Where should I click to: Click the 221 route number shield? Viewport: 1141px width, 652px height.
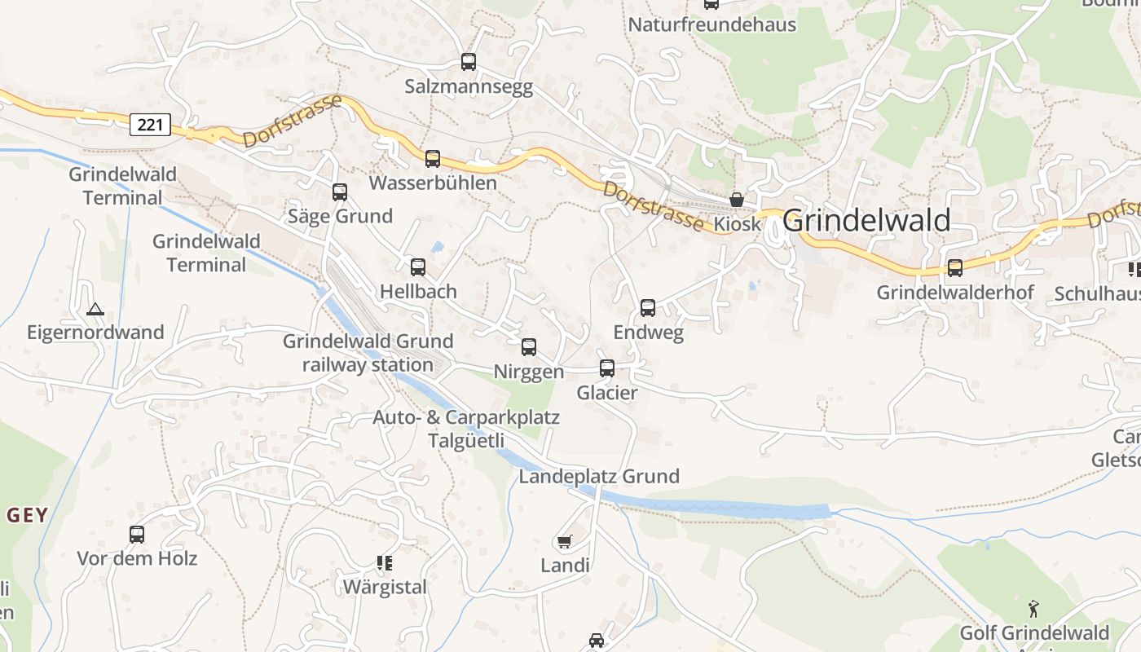[150, 125]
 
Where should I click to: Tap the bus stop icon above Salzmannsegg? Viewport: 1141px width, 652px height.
[468, 62]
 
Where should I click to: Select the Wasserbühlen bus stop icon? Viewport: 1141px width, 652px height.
[432, 159]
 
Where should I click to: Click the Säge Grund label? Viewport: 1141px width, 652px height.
[340, 216]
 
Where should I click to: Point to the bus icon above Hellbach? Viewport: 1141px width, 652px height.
[418, 267]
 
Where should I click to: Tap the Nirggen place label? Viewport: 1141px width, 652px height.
[528, 372]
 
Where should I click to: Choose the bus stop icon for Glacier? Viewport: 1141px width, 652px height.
[607, 368]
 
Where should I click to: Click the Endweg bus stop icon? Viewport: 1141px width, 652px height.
[648, 308]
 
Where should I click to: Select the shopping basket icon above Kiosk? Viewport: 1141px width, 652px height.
[737, 200]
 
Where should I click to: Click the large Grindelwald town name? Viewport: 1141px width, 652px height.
[866, 221]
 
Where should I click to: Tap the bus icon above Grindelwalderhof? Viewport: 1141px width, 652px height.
[954, 267]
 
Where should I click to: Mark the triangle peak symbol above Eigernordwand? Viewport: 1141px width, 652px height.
[95, 310]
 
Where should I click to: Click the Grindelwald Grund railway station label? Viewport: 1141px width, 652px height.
[368, 353]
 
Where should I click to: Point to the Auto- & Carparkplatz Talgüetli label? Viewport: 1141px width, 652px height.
[466, 429]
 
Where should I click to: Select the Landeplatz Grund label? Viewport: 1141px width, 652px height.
[599, 477]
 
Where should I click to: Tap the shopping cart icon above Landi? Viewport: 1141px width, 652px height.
[564, 542]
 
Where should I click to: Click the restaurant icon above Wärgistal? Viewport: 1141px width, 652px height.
[385, 562]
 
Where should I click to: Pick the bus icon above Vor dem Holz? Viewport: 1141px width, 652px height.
[137, 535]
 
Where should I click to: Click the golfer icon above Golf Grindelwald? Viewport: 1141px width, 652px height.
[1033, 608]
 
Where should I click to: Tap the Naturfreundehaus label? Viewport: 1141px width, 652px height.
[711, 24]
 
